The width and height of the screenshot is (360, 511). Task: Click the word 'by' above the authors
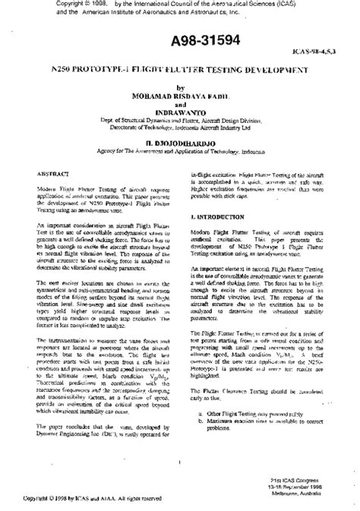point(179,88)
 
